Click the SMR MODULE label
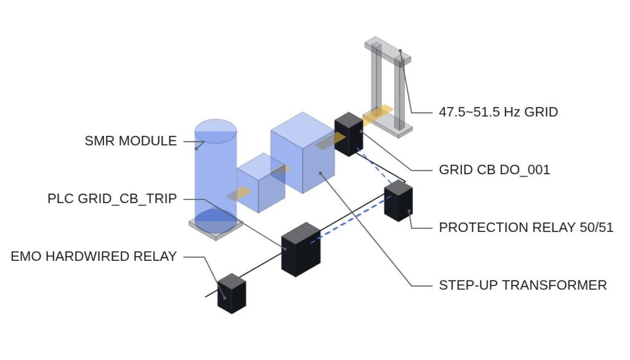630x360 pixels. tap(130, 141)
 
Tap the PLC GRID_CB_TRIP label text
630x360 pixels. tap(112, 199)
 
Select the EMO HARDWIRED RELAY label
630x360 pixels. tap(94, 257)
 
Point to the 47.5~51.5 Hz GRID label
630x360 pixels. tap(498, 112)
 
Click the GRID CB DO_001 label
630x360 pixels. tap(494, 170)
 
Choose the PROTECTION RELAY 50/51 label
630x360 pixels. tap(526, 228)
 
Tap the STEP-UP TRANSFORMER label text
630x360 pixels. tap(523, 286)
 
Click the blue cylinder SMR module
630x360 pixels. tap(216, 177)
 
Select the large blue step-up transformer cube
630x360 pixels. tap(303, 153)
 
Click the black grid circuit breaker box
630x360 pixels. tap(349, 134)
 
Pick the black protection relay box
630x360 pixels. tap(398, 201)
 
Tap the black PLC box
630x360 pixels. tap(301, 249)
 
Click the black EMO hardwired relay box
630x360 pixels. tap(231, 294)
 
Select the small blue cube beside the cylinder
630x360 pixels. tap(261, 183)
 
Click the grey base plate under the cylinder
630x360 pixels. tap(216, 229)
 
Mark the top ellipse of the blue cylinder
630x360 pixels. tap(216, 131)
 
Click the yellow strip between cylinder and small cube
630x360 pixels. tap(239, 194)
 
